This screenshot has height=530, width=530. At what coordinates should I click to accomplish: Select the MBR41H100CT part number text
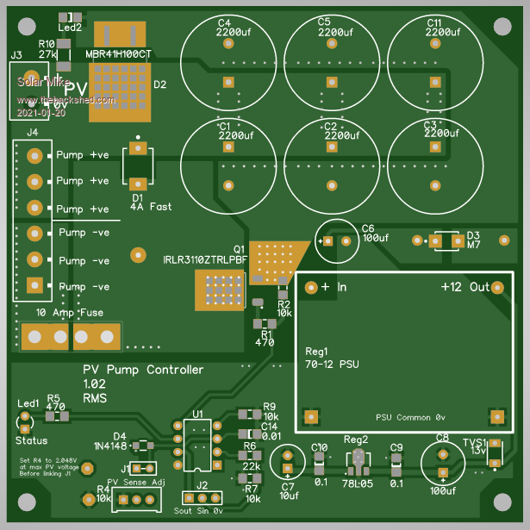tap(119, 54)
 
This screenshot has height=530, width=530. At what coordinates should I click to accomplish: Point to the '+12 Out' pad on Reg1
tap(497, 287)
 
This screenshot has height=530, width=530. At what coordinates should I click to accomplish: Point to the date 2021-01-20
tap(41, 113)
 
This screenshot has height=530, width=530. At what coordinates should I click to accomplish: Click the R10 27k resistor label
tap(48, 48)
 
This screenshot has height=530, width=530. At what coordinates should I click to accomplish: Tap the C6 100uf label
tap(375, 233)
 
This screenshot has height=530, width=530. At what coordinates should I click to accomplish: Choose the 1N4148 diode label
tap(109, 446)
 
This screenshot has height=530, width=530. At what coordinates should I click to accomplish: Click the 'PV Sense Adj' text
tap(135, 482)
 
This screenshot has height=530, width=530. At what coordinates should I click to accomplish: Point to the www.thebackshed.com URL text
tap(66, 100)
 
